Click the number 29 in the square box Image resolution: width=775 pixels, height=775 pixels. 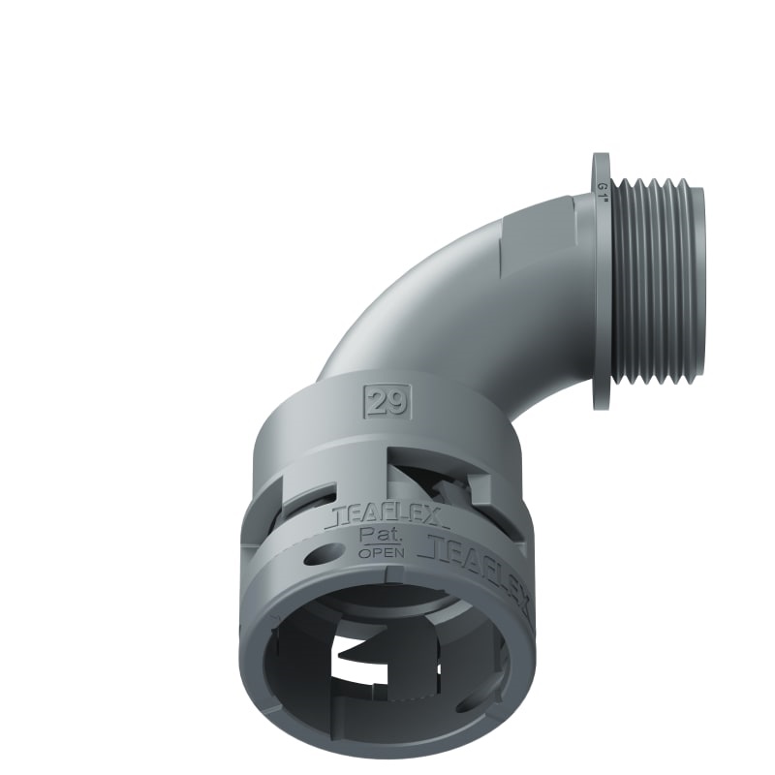(x=387, y=402)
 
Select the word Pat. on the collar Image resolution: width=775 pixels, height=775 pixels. (x=376, y=537)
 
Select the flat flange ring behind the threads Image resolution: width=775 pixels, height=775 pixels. (x=602, y=281)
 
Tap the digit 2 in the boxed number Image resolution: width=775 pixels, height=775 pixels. (x=379, y=402)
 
